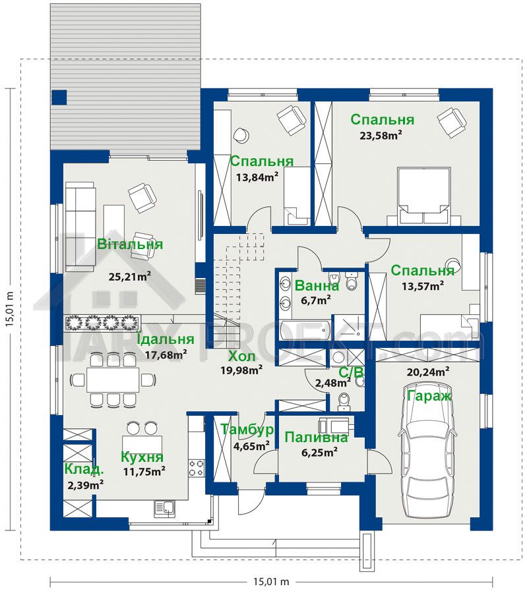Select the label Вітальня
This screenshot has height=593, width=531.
point(131,244)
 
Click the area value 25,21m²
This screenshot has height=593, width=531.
point(130,277)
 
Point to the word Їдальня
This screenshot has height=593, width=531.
point(165,339)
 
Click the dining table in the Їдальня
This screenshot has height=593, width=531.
point(113,379)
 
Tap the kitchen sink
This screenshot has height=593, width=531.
point(164,508)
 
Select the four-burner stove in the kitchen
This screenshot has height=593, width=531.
point(197,467)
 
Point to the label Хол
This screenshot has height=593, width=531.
point(241,356)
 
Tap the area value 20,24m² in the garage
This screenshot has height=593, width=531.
point(428,372)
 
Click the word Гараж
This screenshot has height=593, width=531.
point(429,396)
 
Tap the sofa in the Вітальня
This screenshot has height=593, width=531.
point(80,226)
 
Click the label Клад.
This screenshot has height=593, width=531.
point(84,469)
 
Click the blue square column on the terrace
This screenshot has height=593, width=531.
point(59,98)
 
